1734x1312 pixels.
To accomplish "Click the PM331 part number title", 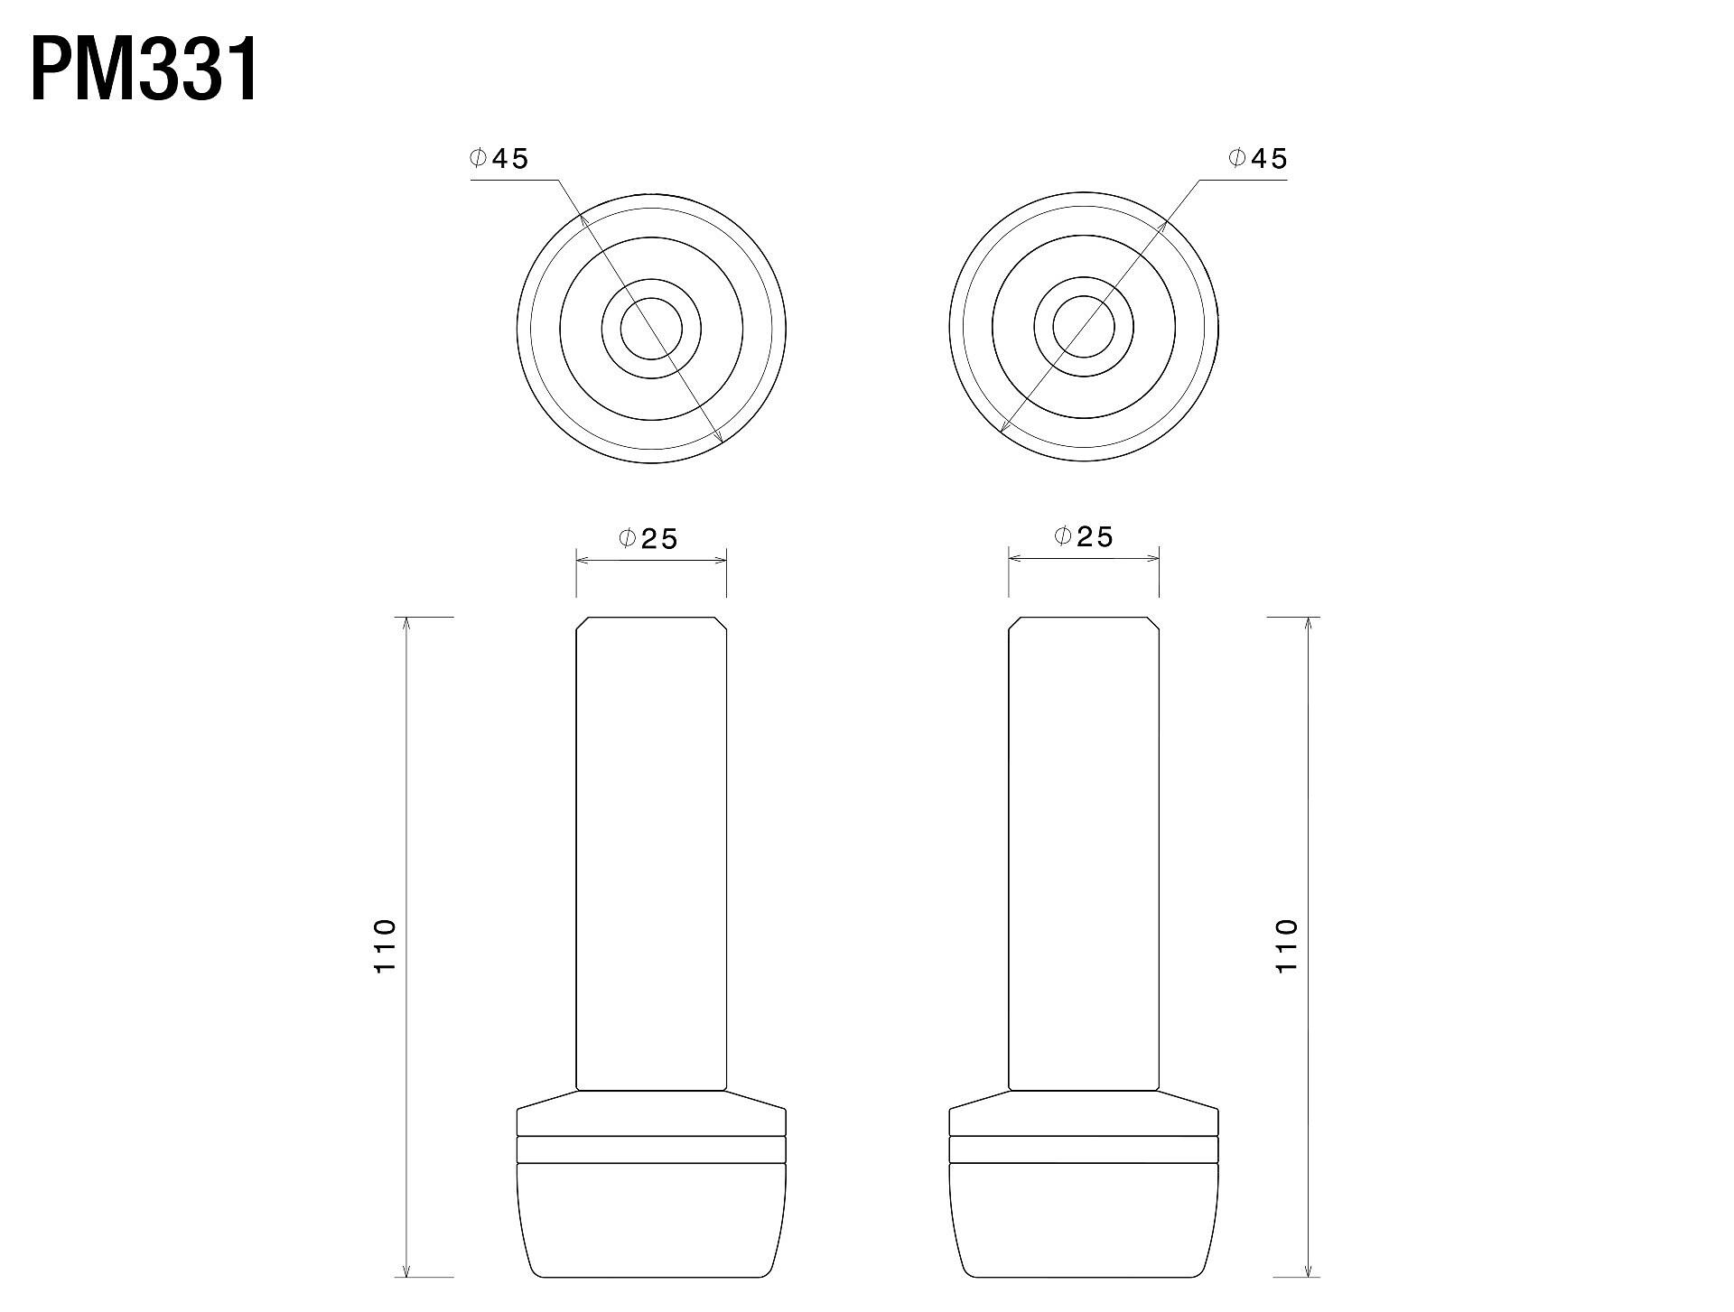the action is [144, 70].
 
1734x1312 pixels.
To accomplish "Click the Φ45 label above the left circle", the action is [499, 159].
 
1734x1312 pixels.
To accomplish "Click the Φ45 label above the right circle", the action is [1257, 159].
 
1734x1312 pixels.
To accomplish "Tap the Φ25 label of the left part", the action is [648, 539].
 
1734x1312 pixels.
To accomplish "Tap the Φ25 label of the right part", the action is [1084, 537].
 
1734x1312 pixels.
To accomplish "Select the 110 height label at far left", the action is [386, 945].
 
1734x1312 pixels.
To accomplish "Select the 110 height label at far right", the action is [1286, 945].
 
